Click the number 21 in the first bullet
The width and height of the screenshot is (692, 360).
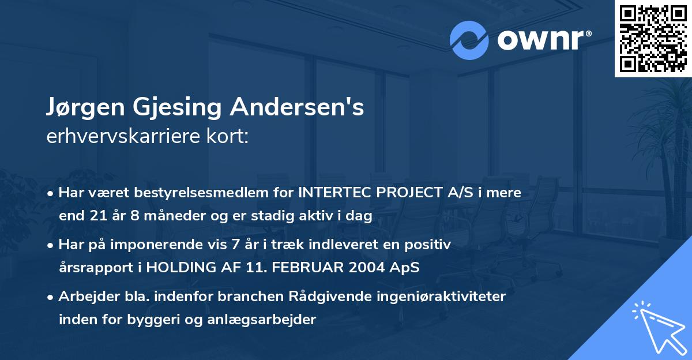95,216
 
